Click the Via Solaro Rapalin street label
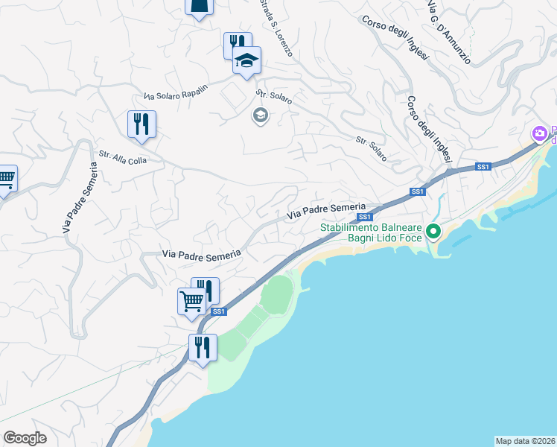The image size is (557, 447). pos(176,91)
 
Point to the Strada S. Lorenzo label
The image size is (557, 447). pos(276,29)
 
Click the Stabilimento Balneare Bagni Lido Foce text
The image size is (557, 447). pos(372,232)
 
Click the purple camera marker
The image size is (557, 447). pos(540,134)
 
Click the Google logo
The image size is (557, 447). pos(25,438)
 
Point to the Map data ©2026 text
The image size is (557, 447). pos(525,440)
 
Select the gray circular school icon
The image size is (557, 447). pos(260,115)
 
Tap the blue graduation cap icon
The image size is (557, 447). pos(246,61)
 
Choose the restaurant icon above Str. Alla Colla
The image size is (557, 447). pos(141,124)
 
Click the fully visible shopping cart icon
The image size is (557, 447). pos(191,302)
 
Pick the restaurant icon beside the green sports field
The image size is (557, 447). pos(202,347)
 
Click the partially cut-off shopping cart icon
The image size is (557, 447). pos(6,179)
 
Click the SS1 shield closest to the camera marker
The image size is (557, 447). pos(483,167)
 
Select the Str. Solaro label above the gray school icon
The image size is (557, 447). pos(274,97)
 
